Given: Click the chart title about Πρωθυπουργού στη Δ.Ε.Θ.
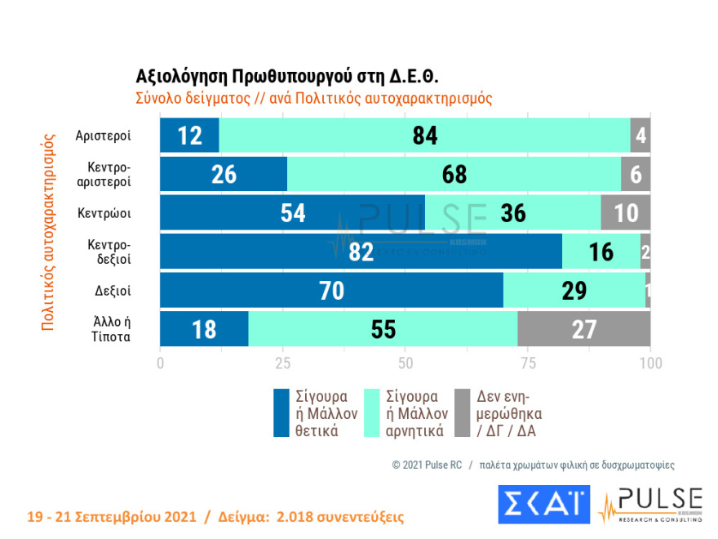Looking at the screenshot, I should click(x=287, y=76).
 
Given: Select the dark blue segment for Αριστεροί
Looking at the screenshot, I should click(x=189, y=135).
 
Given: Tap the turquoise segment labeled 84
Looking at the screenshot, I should click(x=425, y=135).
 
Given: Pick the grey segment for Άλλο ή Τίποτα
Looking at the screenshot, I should click(x=583, y=329).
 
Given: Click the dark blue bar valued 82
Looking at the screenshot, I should click(x=361, y=252).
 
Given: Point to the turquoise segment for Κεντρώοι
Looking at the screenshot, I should click(x=513, y=213).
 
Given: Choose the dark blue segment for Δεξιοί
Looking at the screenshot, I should click(x=331, y=291).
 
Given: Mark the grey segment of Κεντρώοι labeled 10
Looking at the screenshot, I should click(x=626, y=213).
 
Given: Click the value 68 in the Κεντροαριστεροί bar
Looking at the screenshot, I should click(x=454, y=174).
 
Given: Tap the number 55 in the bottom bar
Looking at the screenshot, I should click(x=383, y=329).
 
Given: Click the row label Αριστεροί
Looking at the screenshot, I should click(x=103, y=136).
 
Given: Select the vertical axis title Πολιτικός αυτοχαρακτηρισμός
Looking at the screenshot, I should click(x=48, y=232).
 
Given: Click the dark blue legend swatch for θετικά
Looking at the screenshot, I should click(x=282, y=412).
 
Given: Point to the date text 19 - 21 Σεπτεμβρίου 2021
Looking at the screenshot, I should click(x=111, y=518).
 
